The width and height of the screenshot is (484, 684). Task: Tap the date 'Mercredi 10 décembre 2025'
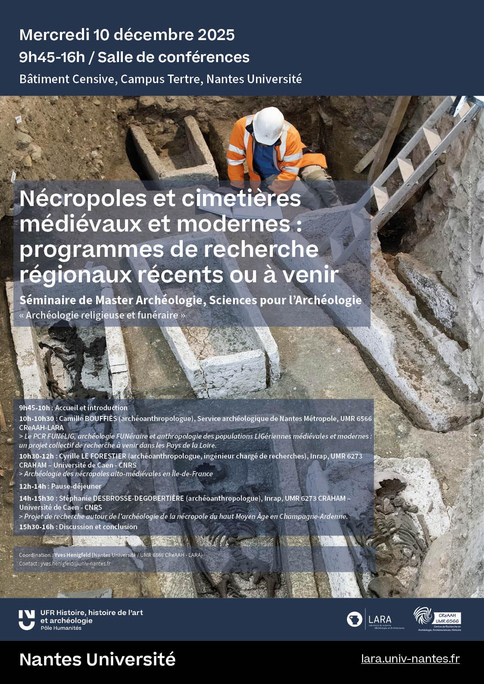click(x=127, y=34)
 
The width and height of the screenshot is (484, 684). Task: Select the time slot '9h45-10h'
click(x=34, y=408)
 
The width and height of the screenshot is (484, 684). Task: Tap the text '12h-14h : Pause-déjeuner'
click(x=60, y=486)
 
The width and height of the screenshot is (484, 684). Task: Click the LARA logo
click(x=375, y=620)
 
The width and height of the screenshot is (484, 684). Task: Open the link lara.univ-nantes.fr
click(x=410, y=659)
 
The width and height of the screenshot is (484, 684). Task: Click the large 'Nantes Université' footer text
click(x=97, y=659)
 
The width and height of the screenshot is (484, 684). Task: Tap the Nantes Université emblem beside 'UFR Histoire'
click(x=27, y=620)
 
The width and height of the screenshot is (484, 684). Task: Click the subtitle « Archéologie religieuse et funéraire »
click(x=102, y=315)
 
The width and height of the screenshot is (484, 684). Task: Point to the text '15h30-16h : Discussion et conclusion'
click(x=78, y=527)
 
